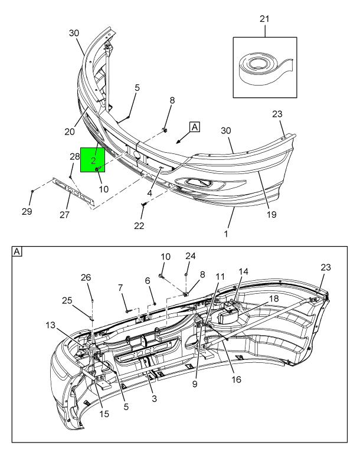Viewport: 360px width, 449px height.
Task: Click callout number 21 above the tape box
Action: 265,19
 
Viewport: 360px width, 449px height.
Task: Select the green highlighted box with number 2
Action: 93,160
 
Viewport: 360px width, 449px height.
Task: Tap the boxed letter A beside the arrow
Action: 194,126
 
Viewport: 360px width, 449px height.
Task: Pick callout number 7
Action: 122,287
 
